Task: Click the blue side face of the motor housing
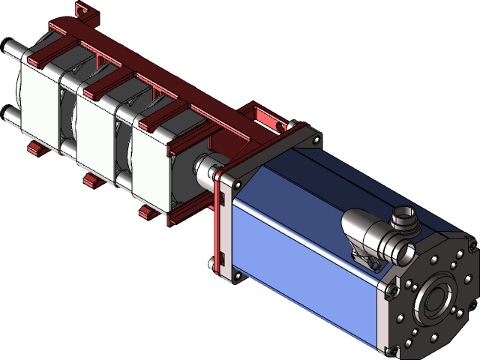click(x=300, y=255)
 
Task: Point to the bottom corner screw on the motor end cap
click(x=387, y=349)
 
